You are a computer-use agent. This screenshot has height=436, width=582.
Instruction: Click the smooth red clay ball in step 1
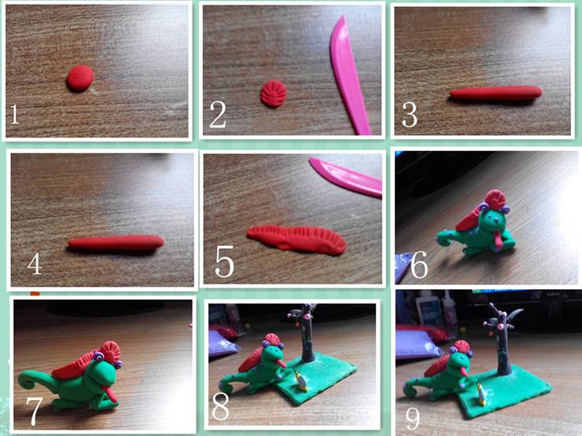pyautogui.click(x=80, y=79)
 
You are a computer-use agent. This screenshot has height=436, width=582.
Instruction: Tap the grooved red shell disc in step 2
pyautogui.click(x=274, y=93)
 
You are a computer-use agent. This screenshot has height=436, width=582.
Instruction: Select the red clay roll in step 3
pyautogui.click(x=495, y=93)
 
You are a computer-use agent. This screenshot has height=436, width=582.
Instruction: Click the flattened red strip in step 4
pyautogui.click(x=116, y=242)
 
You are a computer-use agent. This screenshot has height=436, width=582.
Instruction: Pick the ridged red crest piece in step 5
pyautogui.click(x=297, y=240)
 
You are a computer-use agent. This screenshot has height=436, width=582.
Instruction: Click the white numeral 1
pyautogui.click(x=14, y=114)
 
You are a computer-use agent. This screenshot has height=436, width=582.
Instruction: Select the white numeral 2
pyautogui.click(x=218, y=115)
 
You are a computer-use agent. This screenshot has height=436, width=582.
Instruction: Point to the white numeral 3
pyautogui.click(x=410, y=115)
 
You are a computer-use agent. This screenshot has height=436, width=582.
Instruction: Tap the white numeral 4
pyautogui.click(x=35, y=263)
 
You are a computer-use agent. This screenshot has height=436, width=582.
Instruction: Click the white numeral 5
pyautogui.click(x=225, y=262)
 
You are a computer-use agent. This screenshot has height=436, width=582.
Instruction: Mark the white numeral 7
pyautogui.click(x=33, y=411)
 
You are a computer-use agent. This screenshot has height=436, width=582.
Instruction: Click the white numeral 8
pyautogui.click(x=220, y=405)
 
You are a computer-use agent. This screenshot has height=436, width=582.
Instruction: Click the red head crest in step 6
pyautogui.click(x=495, y=200)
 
